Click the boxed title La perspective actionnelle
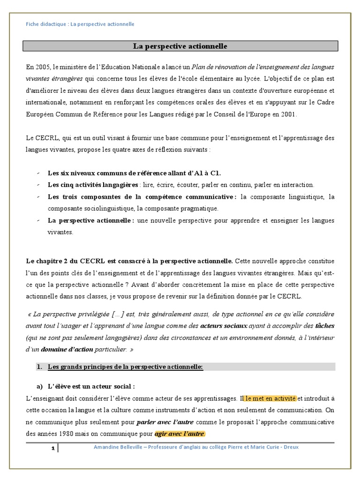coord(180,46)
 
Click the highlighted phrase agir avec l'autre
coord(180,434)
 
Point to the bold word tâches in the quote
coord(325,325)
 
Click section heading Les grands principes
coord(125,367)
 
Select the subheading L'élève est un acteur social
coord(91,386)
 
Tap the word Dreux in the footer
coord(290,447)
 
